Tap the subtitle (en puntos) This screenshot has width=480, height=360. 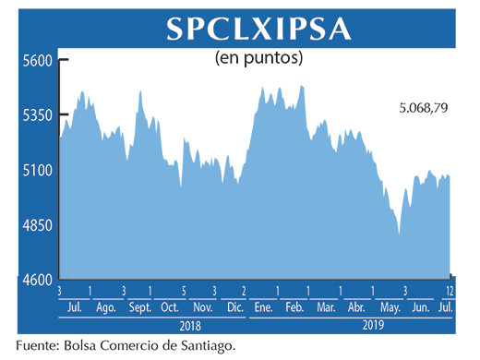coord(259,58)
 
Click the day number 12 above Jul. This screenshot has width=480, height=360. coord(449,292)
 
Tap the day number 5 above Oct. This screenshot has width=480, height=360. coord(184,292)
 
